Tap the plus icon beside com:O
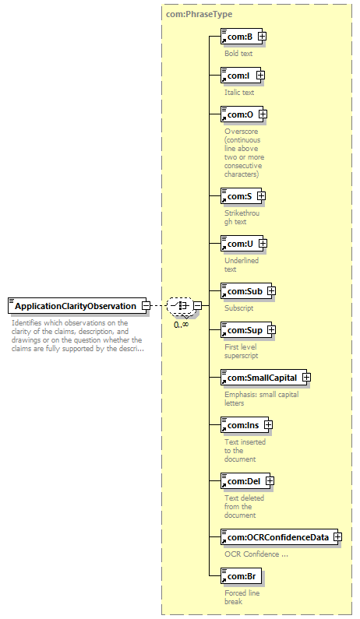[x=263, y=114]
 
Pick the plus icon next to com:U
[x=263, y=244]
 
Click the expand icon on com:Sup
[x=271, y=329]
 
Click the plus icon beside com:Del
[x=270, y=481]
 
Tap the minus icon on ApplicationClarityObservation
[x=146, y=305]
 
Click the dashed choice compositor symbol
[x=180, y=305]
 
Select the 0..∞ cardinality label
[x=181, y=325]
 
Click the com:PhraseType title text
[x=199, y=14]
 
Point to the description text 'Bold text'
[x=238, y=53]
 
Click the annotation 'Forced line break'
[x=242, y=597]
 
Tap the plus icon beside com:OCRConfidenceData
[x=337, y=537]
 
